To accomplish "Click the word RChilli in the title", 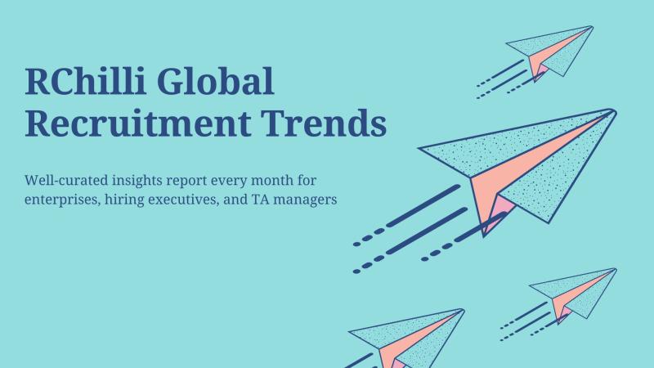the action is (x=86, y=81).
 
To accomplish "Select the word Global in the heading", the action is (x=215, y=81).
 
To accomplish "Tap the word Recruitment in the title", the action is (x=138, y=123).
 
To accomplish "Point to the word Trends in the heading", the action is (x=324, y=123).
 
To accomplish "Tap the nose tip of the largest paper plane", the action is (x=615, y=110).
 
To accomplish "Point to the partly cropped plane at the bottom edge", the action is (x=406, y=338).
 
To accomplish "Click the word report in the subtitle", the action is (x=186, y=182).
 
